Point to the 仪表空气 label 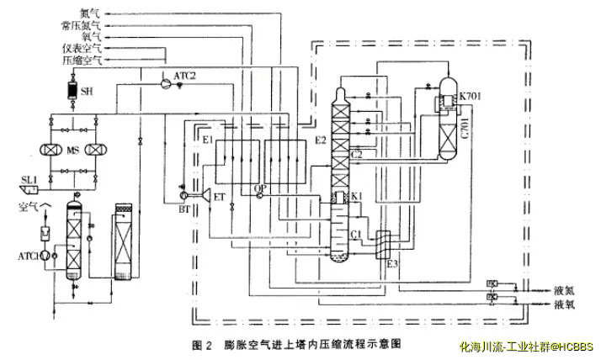(x=84, y=50)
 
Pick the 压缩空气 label (x=84, y=61)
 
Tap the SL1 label (x=30, y=179)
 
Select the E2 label (x=322, y=140)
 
